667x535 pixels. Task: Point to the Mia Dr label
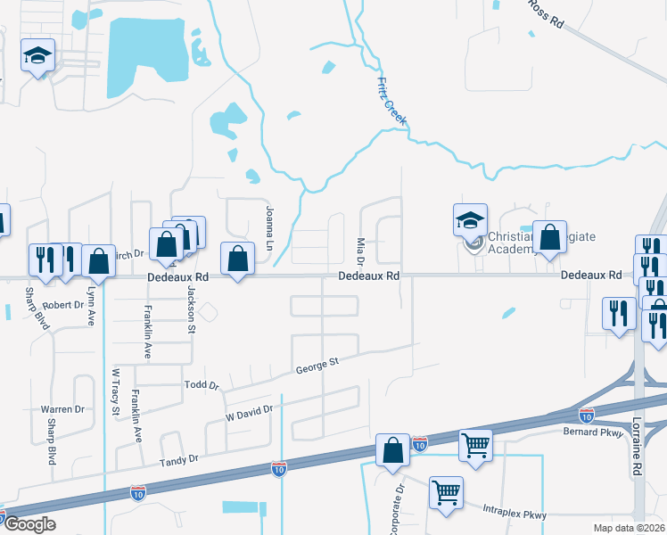click(361, 251)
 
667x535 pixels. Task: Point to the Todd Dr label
click(201, 384)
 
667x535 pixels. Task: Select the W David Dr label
click(248, 413)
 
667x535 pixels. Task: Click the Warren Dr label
click(62, 409)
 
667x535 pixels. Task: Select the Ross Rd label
click(546, 17)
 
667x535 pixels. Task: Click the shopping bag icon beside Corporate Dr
click(392, 451)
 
